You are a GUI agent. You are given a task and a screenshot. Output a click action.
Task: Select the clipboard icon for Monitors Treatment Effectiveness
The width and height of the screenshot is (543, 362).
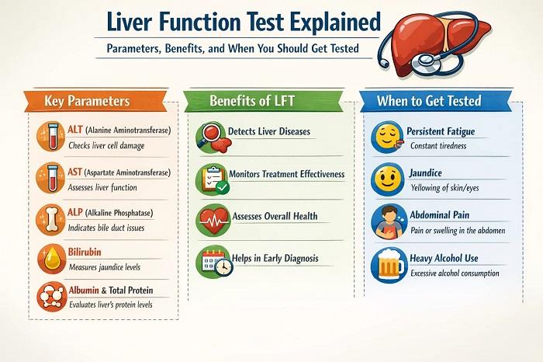click(211, 179)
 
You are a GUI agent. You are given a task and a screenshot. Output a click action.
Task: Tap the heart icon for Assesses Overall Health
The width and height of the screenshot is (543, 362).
click(211, 220)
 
